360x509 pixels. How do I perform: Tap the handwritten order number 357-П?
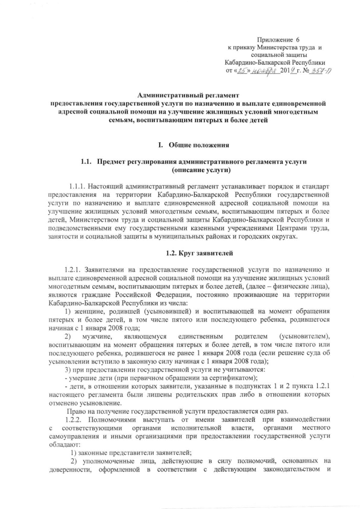point(312,71)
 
